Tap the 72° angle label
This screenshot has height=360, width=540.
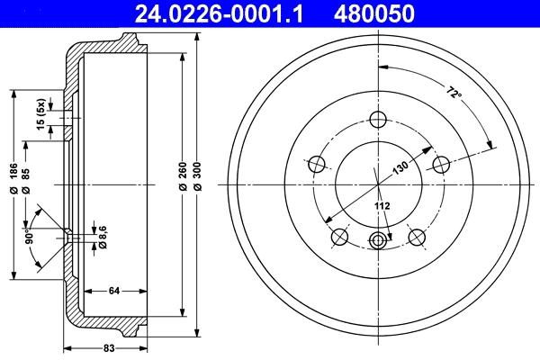tap(452, 93)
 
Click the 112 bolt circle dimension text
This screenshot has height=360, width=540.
tap(382, 207)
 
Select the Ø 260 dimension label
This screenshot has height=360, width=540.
tap(184, 175)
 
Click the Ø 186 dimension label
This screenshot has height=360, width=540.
tap(13, 178)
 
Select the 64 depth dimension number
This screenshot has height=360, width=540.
tap(113, 290)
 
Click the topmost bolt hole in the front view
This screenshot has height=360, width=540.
tap(378, 121)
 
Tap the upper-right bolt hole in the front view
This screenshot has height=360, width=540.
tap(441, 165)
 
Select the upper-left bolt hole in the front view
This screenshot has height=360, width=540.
tap(317, 165)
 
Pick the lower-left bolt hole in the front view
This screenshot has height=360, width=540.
tap(339, 237)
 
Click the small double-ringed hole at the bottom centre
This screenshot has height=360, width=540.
tap(378, 240)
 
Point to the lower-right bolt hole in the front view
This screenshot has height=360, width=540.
tap(416, 237)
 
